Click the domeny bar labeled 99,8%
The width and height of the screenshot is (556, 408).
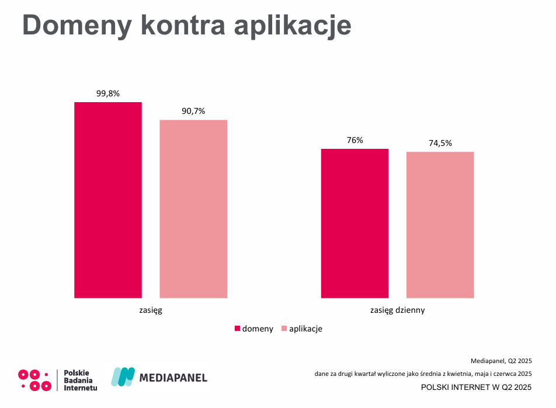pyautogui.click(x=108, y=200)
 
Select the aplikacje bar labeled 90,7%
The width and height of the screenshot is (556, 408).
pyautogui.click(x=193, y=208)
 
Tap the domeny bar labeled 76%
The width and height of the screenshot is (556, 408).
pyautogui.click(x=355, y=223)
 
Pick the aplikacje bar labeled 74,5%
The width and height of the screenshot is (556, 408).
pyautogui.click(x=440, y=225)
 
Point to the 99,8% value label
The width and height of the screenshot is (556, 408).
pyautogui.click(x=107, y=93)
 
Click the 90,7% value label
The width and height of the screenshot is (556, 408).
pyautogui.click(x=193, y=111)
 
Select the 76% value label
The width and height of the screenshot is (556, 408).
pyautogui.click(x=355, y=140)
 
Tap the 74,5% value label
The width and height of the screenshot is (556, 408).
pyautogui.click(x=440, y=143)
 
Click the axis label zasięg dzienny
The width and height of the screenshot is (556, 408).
pyautogui.click(x=398, y=310)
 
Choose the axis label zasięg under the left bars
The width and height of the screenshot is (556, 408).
pyautogui.click(x=151, y=310)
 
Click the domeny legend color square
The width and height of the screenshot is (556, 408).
pyautogui.click(x=238, y=329)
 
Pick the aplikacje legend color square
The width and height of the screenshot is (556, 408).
pyautogui.click(x=284, y=329)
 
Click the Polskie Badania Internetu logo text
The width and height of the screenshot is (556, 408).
pyautogui.click(x=80, y=379)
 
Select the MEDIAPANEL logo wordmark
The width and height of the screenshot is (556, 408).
pyautogui.click(x=173, y=378)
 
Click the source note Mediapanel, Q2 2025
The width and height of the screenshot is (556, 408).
pyautogui.click(x=501, y=361)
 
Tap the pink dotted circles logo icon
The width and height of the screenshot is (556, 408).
pyautogui.click(x=35, y=379)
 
